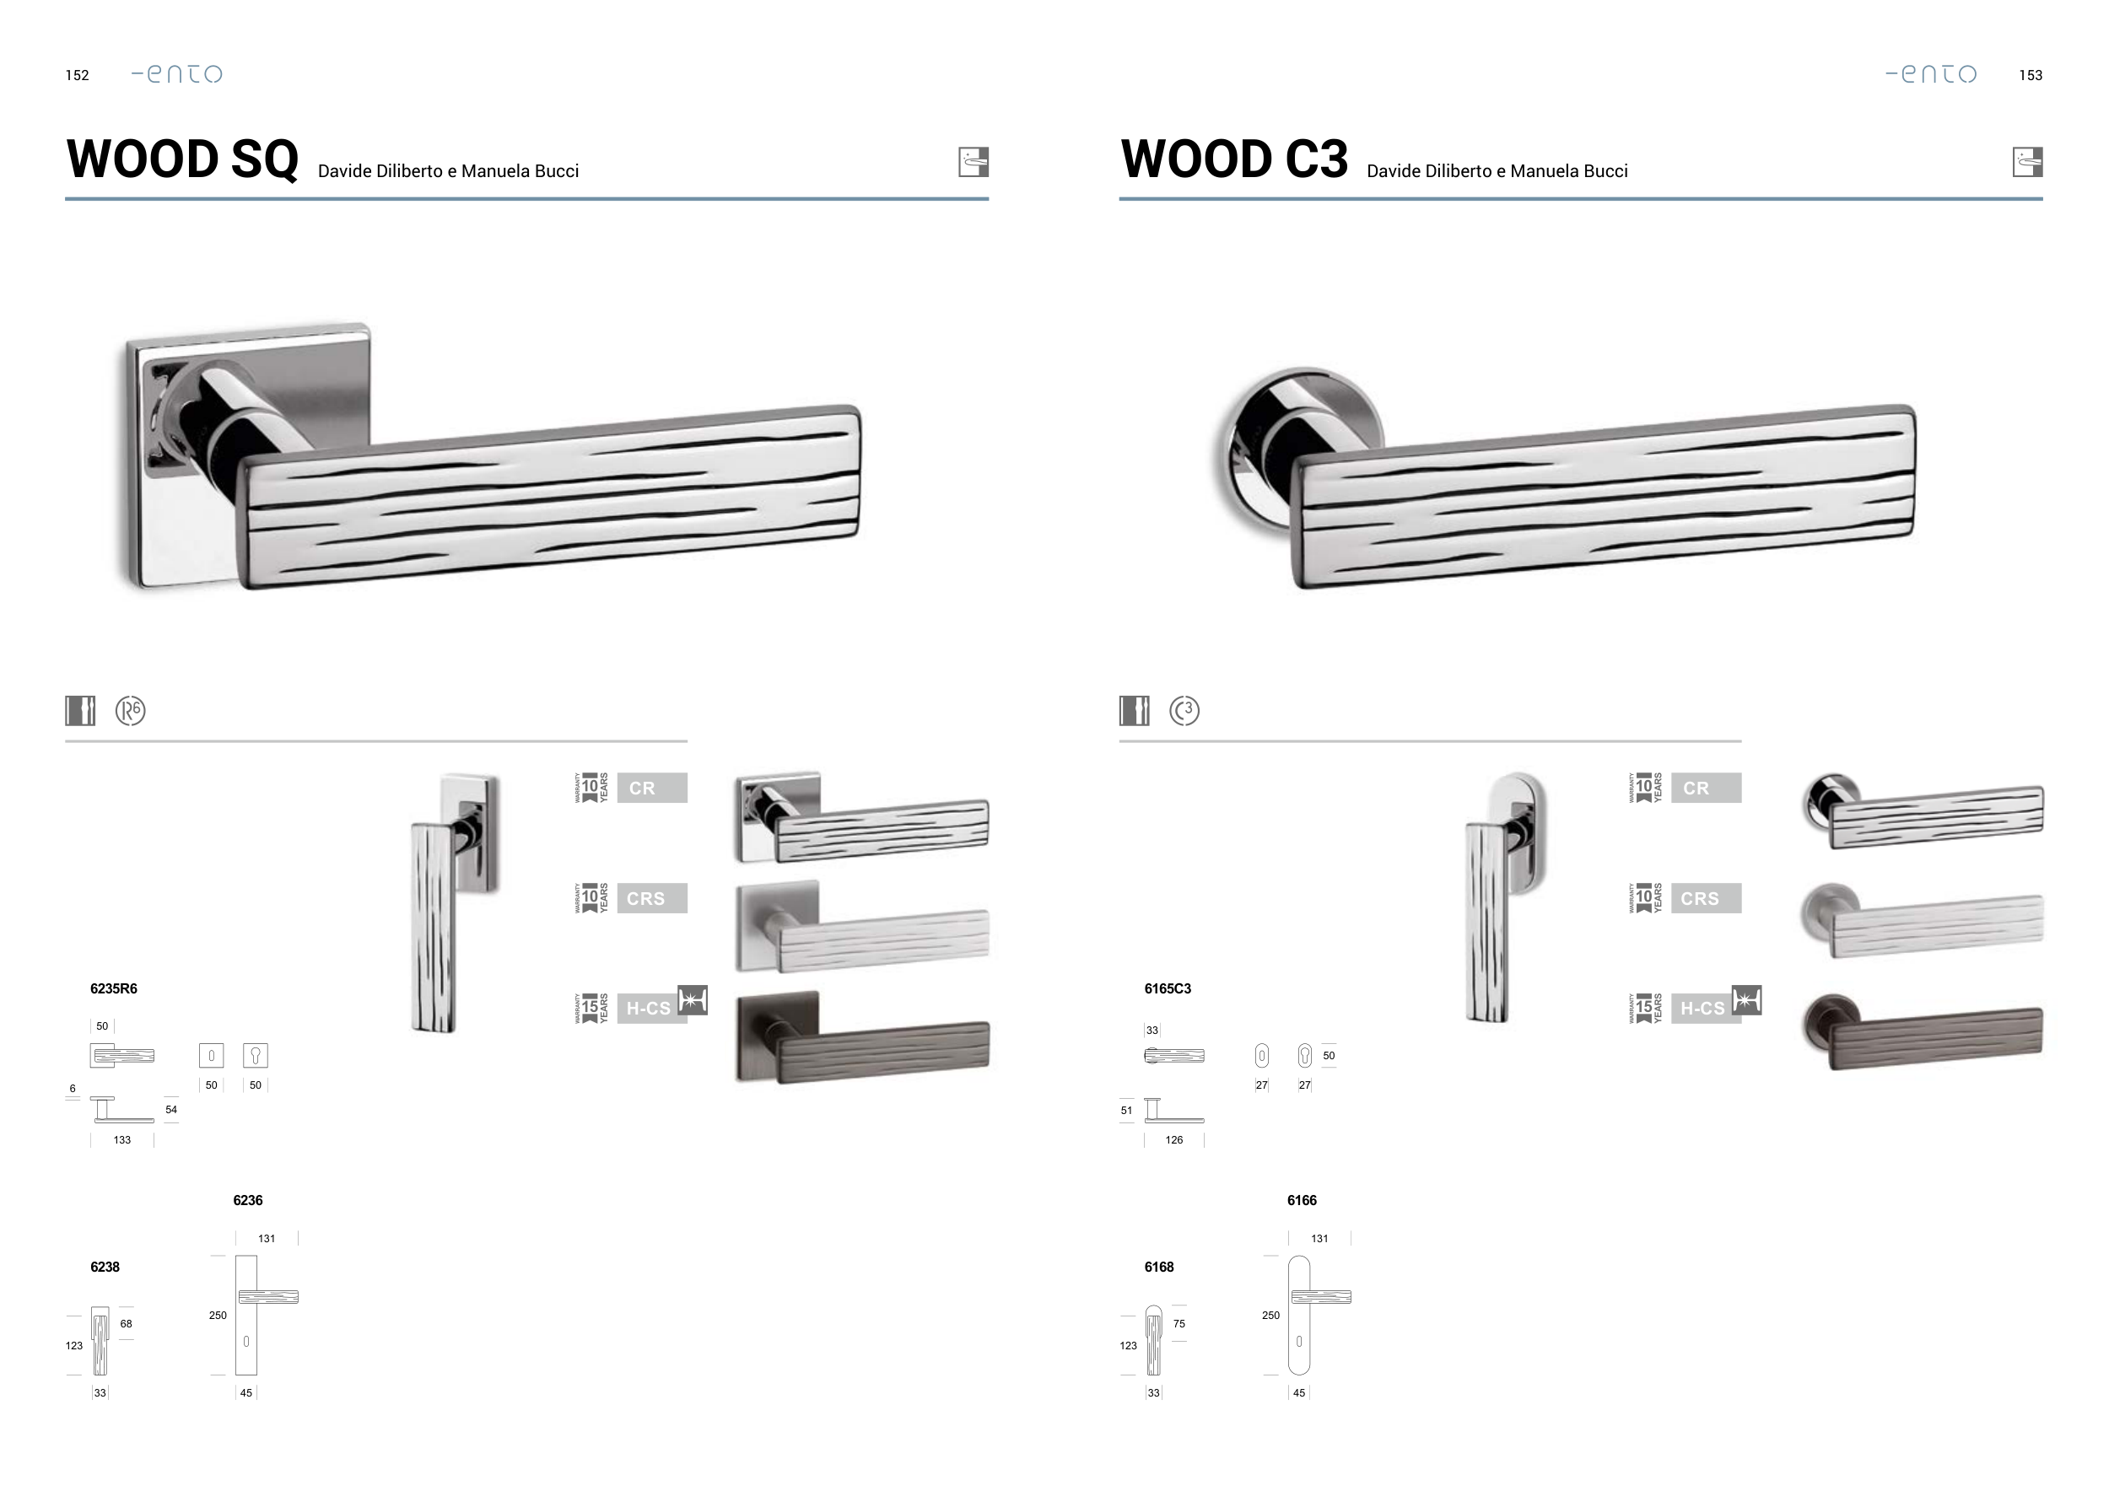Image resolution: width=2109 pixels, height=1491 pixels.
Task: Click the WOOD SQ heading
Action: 182,159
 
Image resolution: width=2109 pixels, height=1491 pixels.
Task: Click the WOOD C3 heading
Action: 1234,159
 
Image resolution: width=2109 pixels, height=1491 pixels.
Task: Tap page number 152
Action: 77,75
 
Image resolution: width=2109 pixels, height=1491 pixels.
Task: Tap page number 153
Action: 2031,75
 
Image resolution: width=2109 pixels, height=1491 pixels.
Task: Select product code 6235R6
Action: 114,988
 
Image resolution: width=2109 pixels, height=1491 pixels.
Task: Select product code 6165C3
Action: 1168,988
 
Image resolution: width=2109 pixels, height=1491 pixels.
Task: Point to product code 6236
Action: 248,1200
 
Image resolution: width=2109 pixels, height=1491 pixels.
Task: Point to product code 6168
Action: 1159,1267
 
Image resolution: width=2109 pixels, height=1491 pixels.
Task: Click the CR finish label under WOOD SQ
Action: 652,788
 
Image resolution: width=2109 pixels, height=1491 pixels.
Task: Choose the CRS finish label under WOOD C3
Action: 1706,898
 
